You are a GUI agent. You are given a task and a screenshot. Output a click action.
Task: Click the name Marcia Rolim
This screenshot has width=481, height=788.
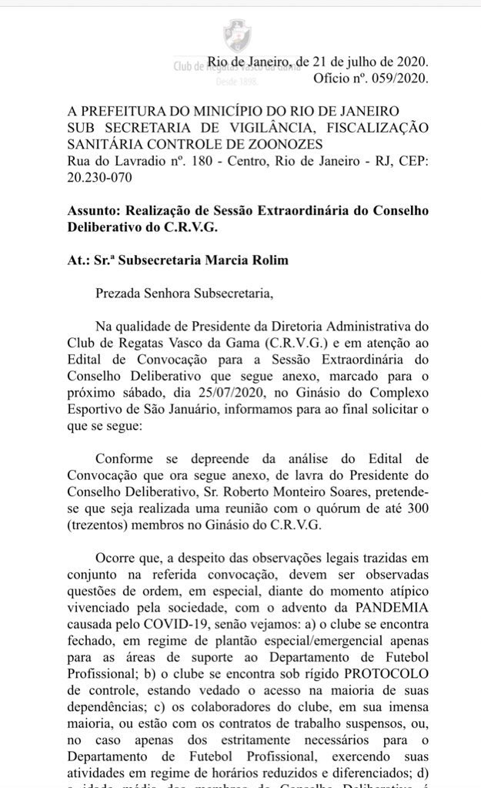tap(251, 260)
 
